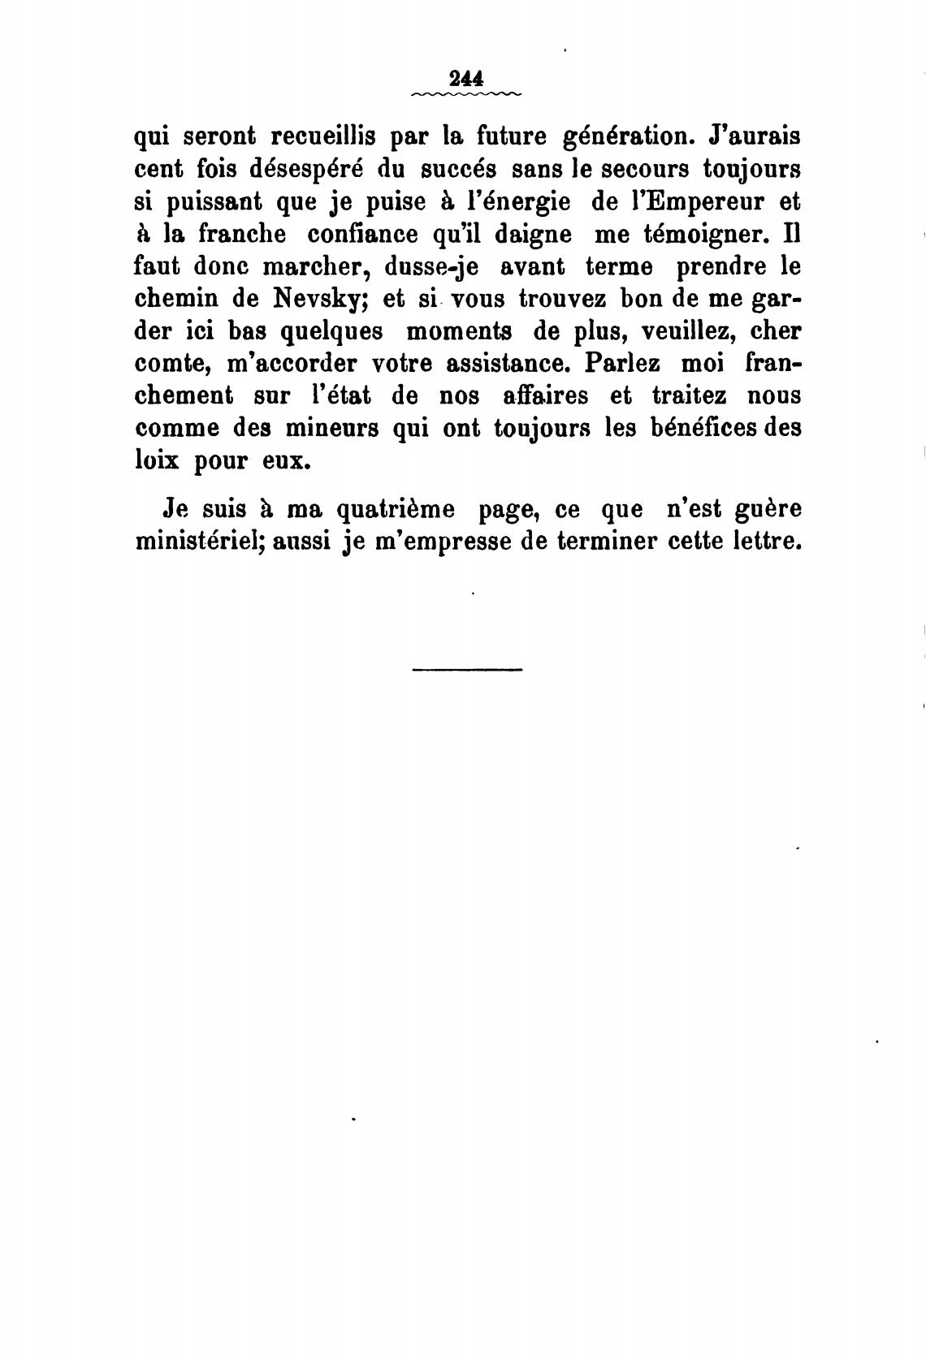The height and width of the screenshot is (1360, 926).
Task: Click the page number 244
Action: [x=465, y=79]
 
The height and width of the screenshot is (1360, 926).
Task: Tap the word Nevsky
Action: [x=311, y=299]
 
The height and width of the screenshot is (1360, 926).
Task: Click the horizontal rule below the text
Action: [x=467, y=669]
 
